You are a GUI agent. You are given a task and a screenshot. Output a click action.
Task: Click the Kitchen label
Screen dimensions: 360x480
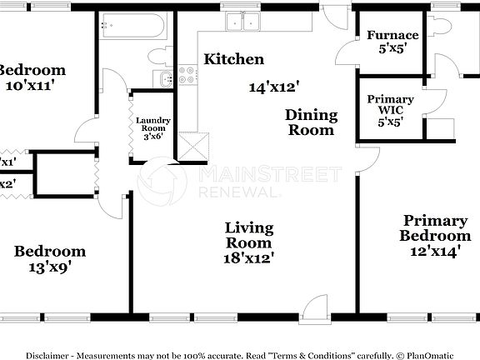234,59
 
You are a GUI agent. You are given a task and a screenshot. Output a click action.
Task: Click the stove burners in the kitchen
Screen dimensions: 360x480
184,79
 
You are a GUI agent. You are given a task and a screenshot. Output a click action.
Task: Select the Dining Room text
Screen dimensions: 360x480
311,122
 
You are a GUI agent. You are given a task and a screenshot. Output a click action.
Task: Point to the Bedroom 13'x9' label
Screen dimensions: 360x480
50,258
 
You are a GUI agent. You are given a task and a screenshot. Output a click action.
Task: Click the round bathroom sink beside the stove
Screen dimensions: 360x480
164,80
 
